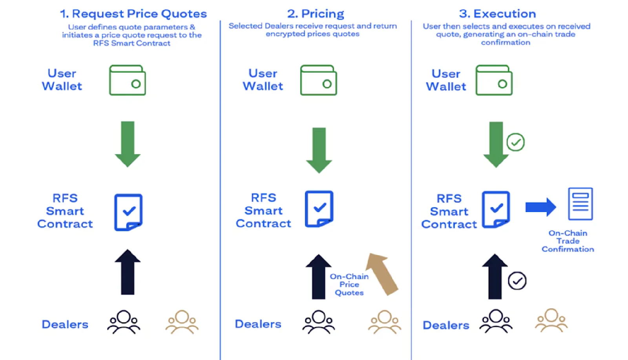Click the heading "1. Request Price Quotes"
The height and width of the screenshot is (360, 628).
click(133, 14)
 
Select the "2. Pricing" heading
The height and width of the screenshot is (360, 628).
click(316, 14)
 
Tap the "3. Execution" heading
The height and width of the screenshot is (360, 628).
click(497, 14)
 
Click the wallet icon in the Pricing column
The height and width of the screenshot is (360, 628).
click(318, 80)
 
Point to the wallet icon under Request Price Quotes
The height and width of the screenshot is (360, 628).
click(127, 80)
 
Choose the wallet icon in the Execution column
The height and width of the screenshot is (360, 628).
click(494, 80)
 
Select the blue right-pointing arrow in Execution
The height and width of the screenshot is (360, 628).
click(540, 207)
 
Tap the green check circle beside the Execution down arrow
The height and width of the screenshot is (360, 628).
click(515, 142)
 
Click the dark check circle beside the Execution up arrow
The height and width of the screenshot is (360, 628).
click(517, 281)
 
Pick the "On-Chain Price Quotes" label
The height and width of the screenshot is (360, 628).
click(349, 284)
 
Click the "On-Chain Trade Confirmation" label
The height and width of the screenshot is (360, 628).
click(568, 241)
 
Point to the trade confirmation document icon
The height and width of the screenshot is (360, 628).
click(580, 204)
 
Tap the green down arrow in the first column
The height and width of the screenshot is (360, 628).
click(128, 143)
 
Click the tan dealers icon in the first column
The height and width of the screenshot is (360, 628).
click(182, 322)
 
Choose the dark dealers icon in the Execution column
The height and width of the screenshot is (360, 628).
click(496, 322)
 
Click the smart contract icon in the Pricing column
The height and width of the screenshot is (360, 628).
click(319, 209)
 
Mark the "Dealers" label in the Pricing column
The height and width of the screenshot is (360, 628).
click(258, 324)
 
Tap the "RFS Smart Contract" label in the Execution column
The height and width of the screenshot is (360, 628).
click(449, 211)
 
